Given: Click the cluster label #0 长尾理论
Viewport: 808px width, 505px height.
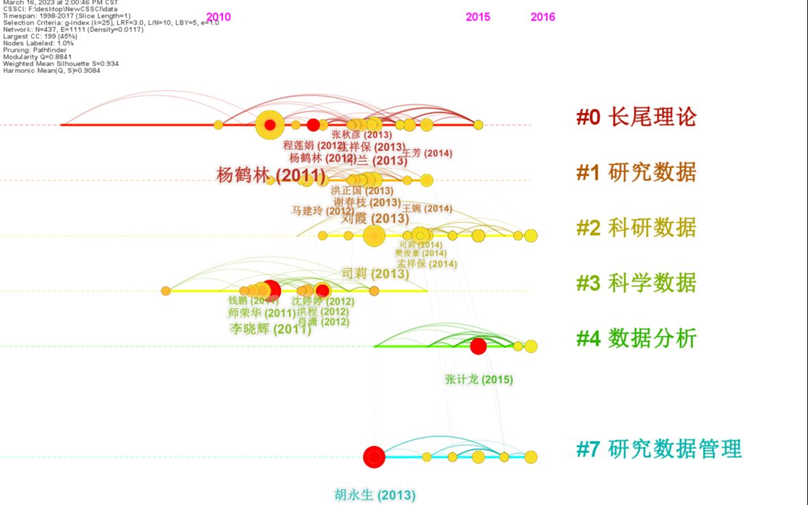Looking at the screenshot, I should point(636,118).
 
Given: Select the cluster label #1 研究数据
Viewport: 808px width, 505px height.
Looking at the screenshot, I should point(636,173).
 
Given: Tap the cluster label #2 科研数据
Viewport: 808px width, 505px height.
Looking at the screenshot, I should point(636,228).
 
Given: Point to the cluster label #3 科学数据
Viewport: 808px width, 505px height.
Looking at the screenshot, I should point(636,283).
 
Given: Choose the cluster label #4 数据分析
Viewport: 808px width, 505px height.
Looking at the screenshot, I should point(636,338).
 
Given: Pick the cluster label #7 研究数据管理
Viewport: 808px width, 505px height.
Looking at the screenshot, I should point(658,450).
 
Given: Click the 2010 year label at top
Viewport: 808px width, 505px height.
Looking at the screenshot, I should point(219,17).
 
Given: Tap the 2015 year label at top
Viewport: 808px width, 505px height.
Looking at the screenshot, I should point(478,17).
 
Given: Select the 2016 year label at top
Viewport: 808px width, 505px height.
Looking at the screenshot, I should point(543,17).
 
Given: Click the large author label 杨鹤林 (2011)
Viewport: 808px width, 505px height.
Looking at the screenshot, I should point(271,175).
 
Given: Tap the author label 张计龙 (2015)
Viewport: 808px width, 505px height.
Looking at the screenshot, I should point(479,379).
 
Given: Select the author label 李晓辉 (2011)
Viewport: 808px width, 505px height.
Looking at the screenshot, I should point(270,329).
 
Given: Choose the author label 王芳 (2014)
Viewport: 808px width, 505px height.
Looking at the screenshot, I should point(428,153).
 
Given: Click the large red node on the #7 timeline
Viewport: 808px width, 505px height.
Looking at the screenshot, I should point(374,457).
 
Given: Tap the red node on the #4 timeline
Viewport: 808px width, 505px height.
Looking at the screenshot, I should point(478,346).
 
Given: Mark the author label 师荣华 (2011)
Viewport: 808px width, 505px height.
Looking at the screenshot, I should point(262,313).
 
